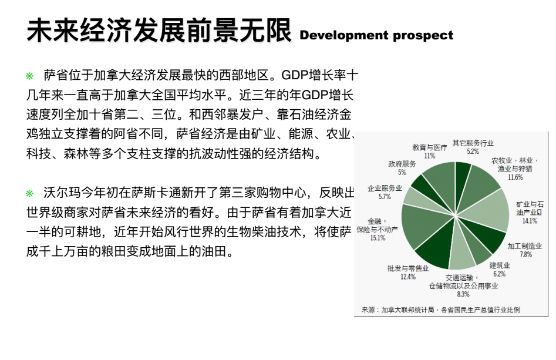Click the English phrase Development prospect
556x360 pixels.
(x=376, y=35)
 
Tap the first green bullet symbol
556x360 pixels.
(x=29, y=76)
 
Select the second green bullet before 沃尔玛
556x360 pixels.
(x=29, y=193)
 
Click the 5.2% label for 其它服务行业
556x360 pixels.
(x=473, y=152)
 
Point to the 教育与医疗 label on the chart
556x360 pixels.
(x=429, y=147)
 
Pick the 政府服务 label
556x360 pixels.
(x=402, y=164)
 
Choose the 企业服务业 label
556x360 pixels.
(x=385, y=189)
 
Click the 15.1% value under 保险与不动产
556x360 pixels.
(x=378, y=238)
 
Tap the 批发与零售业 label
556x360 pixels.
(x=408, y=268)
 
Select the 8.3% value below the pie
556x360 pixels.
(x=463, y=294)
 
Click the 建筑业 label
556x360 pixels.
(x=500, y=265)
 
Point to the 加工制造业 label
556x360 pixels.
(x=525, y=246)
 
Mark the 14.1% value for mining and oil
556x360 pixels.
(x=530, y=221)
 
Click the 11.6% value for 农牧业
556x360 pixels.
(x=515, y=177)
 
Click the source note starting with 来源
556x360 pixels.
(x=441, y=309)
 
